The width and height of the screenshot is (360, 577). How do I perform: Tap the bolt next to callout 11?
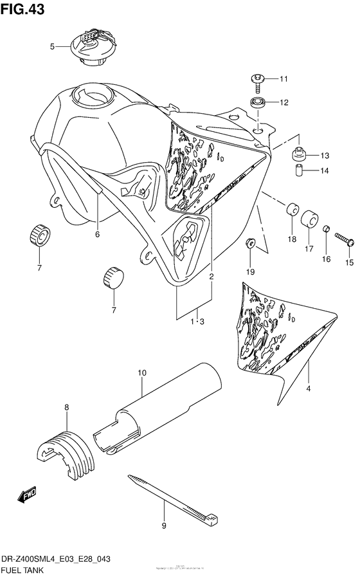click(x=257, y=80)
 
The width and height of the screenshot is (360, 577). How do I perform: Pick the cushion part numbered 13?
click(x=298, y=154)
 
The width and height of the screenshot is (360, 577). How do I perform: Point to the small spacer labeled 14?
click(x=298, y=171)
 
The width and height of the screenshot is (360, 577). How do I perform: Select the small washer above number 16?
click(x=326, y=230)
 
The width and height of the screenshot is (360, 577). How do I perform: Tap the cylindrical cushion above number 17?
click(x=309, y=217)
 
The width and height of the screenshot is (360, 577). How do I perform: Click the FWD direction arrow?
click(x=28, y=495)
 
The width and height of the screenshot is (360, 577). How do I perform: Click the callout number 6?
click(x=97, y=234)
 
